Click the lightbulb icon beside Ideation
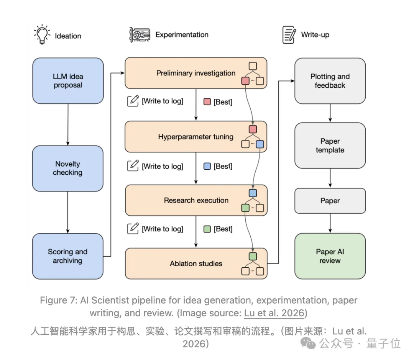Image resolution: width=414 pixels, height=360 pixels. pos(42,34)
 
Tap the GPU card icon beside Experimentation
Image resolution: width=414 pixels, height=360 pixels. pos(140,34)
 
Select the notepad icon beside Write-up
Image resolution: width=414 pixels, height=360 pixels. pos(289,34)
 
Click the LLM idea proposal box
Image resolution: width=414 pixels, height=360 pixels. pos(68,81)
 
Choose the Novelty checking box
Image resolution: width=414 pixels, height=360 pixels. pos(67,168)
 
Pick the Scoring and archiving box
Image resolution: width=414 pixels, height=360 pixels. pos(67,256)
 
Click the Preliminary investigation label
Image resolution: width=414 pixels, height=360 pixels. pos(195,73)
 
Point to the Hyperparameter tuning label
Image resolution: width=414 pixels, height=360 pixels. pos(195,137)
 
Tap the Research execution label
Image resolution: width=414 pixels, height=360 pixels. pos(196,200)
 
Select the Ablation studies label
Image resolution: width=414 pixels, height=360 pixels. pos(196,263)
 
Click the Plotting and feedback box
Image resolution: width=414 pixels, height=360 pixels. pos(330,81)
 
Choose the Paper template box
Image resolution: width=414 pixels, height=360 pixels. pos(330,145)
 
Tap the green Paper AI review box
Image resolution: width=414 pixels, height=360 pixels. pos(330,256)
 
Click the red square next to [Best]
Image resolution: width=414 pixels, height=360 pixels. pos(207,102)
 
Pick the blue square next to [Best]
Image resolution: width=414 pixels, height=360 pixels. pos(207,166)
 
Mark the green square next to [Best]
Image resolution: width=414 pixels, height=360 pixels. pos(207,229)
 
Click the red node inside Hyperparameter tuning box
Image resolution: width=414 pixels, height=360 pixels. pos(253,129)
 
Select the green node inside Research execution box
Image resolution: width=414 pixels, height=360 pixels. pos(245,208)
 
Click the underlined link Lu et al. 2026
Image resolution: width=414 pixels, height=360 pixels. pos(274,313)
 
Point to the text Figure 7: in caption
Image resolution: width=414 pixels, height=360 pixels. pos(59,300)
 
